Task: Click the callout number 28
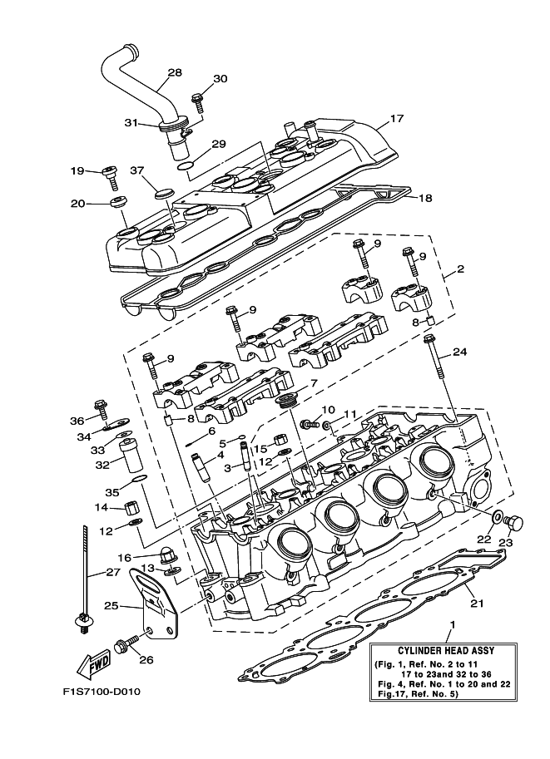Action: coord(174,73)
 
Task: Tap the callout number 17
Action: coord(396,119)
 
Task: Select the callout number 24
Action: coord(459,352)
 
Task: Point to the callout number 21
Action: coord(476,603)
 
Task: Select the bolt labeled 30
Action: coord(198,101)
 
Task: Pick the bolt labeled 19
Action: coord(108,173)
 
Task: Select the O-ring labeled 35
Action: coord(140,479)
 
